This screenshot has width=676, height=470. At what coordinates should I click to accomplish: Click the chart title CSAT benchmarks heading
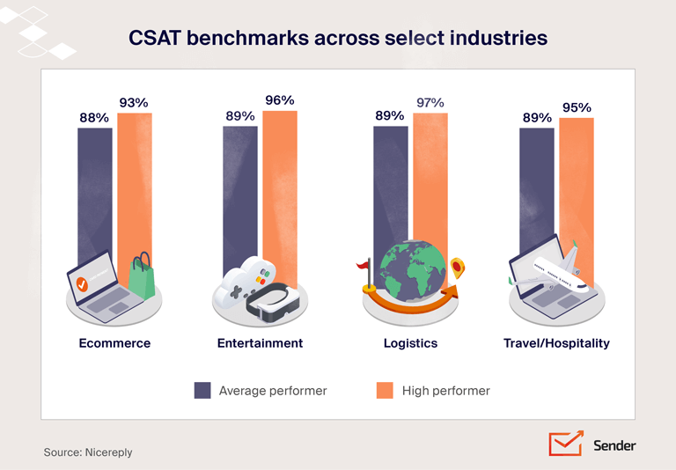click(338, 39)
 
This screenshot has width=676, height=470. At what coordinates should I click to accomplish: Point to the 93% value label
click(134, 103)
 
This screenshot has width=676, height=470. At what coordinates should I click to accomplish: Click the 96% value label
click(280, 100)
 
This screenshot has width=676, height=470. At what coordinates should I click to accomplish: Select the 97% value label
click(430, 103)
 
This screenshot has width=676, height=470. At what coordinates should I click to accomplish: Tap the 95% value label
click(577, 107)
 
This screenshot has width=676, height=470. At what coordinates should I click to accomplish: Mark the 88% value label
click(94, 117)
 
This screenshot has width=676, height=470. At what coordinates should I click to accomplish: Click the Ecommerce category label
click(114, 343)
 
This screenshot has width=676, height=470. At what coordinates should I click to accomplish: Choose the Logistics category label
click(410, 343)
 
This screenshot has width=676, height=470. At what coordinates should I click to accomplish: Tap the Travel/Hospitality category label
click(556, 343)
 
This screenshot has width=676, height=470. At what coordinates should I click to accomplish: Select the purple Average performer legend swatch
click(202, 390)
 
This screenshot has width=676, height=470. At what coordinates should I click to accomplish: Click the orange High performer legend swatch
click(385, 390)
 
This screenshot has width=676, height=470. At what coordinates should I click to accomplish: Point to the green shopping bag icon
click(142, 276)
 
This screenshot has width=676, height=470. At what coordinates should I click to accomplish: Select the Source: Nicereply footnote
click(88, 452)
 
